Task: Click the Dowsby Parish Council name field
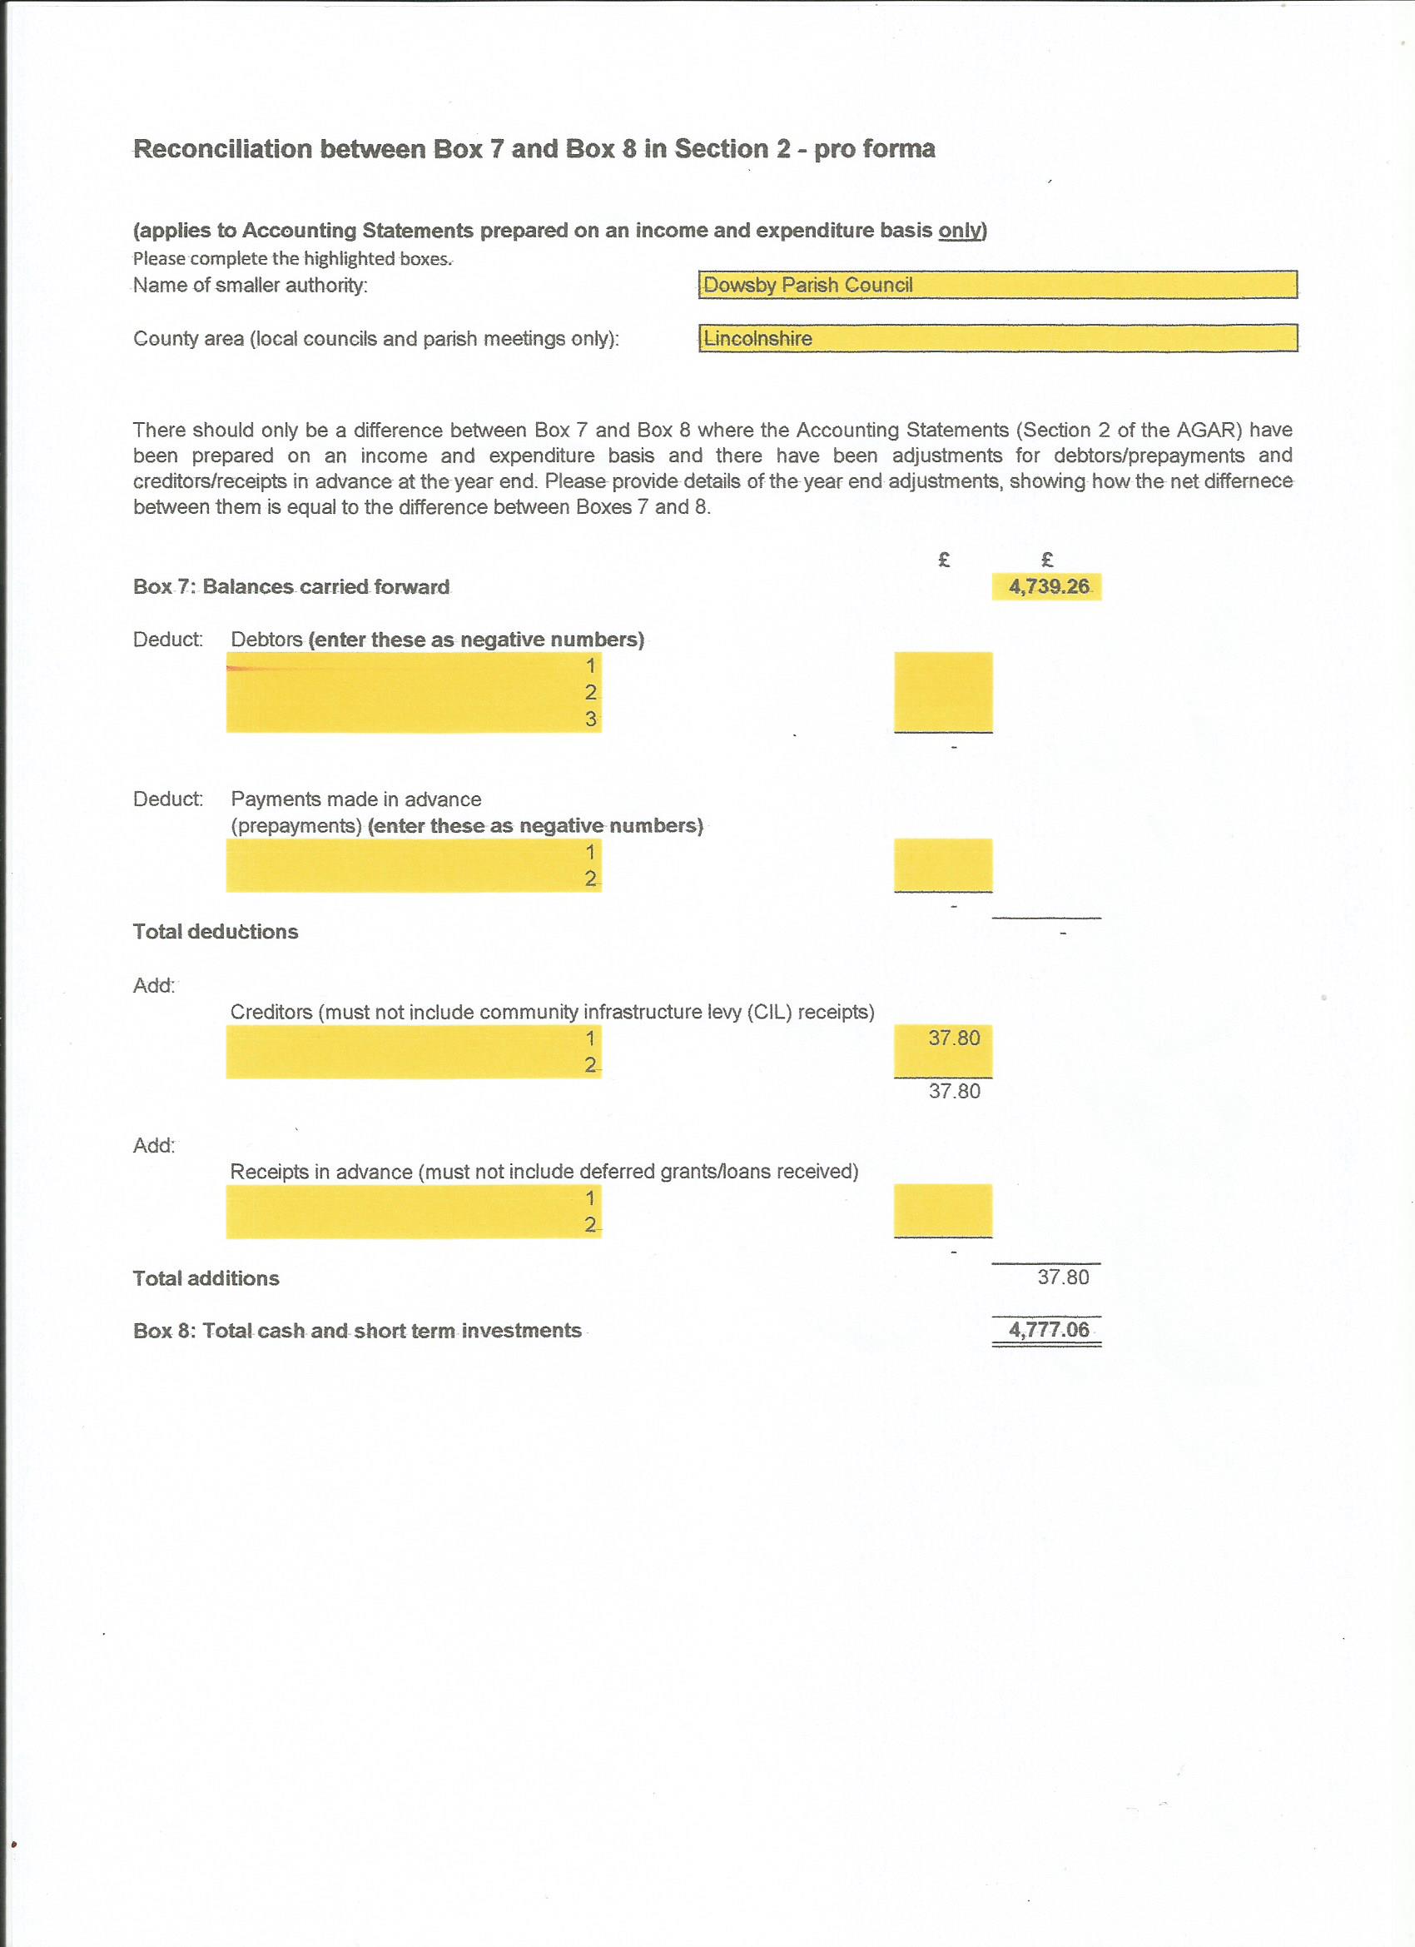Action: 997,285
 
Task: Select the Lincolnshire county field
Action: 997,338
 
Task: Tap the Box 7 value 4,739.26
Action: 1048,587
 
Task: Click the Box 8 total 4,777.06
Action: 1048,1330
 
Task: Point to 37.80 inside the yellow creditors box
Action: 953,1038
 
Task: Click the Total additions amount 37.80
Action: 1062,1277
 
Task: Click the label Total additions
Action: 206,1278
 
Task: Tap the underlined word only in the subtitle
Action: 961,231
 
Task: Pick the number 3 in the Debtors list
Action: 590,720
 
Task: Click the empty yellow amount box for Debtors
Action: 943,692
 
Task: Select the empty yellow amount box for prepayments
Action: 943,865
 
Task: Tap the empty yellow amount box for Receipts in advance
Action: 943,1211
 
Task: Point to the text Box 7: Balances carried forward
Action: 290,587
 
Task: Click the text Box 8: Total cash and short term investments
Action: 357,1331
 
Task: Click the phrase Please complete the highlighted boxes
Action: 293,258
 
